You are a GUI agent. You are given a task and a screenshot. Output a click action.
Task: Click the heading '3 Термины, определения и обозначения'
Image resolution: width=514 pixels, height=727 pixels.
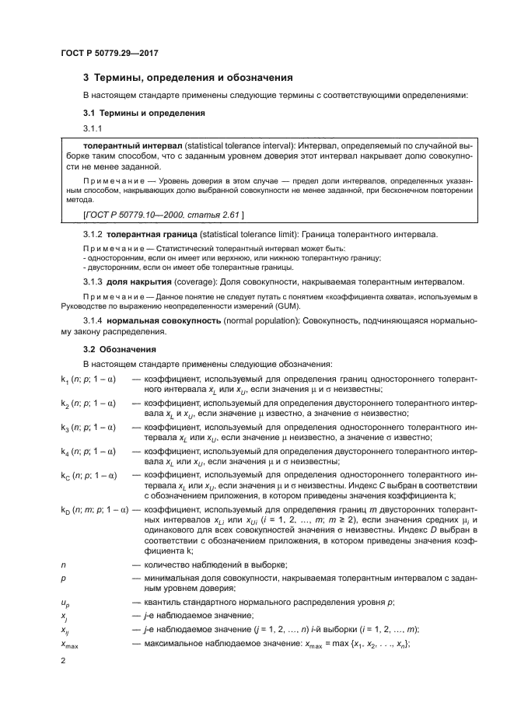point(187,78)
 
